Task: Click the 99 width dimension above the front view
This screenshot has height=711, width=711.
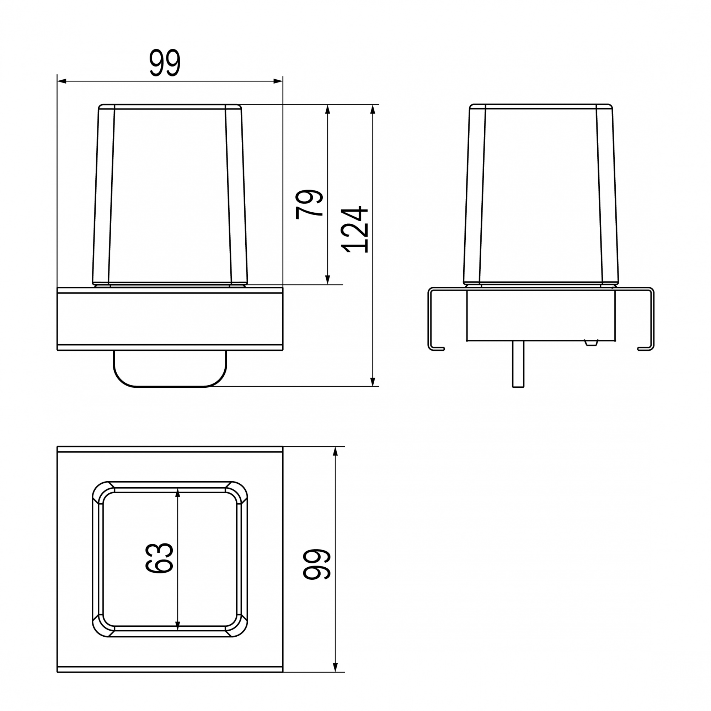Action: coord(165,63)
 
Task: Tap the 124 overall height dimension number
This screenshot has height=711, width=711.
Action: coord(354,229)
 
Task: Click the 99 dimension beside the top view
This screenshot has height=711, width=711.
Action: coord(317,564)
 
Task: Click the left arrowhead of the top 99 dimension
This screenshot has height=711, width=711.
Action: coord(62,81)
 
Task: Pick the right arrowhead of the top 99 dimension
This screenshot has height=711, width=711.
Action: coord(278,81)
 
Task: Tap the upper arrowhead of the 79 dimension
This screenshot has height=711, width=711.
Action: coord(328,109)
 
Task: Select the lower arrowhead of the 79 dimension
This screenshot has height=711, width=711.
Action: coord(328,280)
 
